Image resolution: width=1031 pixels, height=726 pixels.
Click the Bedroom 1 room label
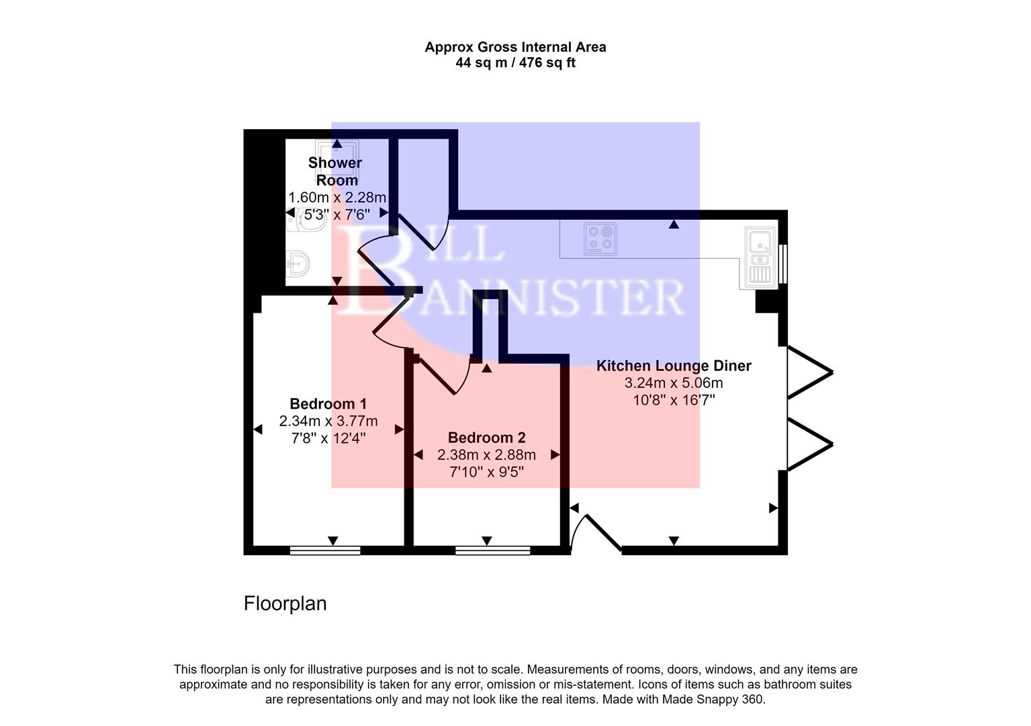click(x=328, y=404)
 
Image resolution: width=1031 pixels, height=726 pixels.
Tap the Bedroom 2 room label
click(x=486, y=438)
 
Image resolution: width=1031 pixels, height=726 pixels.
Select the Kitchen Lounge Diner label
click(x=674, y=366)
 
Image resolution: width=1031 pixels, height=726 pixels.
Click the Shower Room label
click(x=336, y=171)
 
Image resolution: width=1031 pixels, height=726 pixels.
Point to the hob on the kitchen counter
click(x=600, y=239)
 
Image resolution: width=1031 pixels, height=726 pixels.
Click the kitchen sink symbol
click(x=760, y=255)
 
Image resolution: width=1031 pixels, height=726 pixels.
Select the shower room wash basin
click(x=297, y=264)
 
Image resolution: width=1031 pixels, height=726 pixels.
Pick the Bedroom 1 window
click(x=325, y=551)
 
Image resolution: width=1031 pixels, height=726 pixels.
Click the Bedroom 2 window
click(x=492, y=551)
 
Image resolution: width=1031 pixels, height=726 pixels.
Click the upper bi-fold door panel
click(x=809, y=372)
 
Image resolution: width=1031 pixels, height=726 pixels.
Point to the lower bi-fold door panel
click(x=809, y=444)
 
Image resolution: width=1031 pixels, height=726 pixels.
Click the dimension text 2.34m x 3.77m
click(x=328, y=421)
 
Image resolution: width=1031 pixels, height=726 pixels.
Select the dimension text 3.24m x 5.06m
click(x=674, y=383)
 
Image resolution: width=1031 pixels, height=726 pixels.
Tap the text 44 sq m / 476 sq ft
click(x=515, y=63)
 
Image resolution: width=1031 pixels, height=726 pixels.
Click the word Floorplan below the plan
click(x=285, y=604)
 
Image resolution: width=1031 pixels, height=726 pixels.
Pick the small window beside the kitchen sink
click(x=783, y=264)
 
